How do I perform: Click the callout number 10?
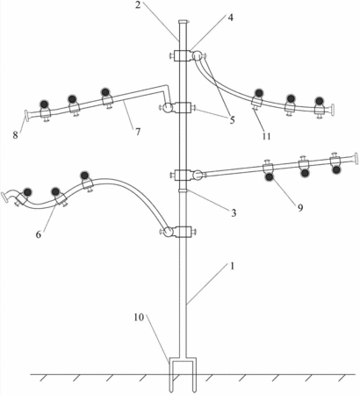(x=139, y=317)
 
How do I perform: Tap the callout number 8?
(x=15, y=135)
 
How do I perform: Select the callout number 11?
(x=266, y=136)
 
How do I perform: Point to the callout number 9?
(x=300, y=207)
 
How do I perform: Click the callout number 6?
(x=39, y=234)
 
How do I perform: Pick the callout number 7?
(x=138, y=132)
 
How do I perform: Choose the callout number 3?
(x=234, y=213)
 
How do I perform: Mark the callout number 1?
(x=233, y=267)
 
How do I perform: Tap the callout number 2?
(x=138, y=5)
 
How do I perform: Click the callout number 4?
(x=231, y=18)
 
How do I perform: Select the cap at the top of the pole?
(x=183, y=22)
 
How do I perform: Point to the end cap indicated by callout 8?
(x=26, y=115)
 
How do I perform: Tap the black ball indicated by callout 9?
(x=269, y=177)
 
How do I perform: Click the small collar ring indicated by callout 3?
(x=183, y=190)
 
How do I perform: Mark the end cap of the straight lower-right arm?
(x=356, y=158)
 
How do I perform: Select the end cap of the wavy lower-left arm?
(x=5, y=197)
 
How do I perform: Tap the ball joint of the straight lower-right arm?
(x=198, y=175)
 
